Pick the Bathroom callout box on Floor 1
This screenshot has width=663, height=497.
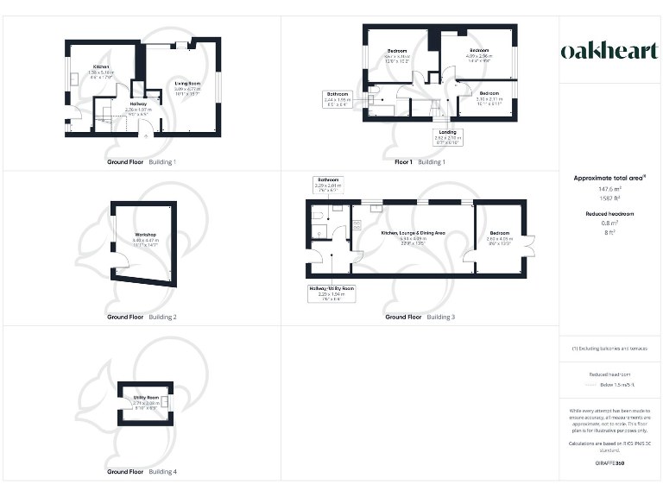pos(338,98)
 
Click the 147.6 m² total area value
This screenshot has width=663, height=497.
pos(609,188)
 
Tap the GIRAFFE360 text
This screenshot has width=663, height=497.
pos(609,464)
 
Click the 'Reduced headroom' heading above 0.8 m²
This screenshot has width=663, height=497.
pos(610,213)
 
